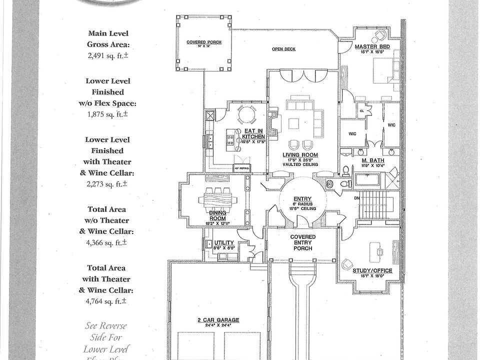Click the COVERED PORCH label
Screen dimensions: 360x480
[200, 42]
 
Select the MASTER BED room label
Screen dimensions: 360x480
[372, 46]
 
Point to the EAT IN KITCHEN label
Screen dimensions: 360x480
[253, 133]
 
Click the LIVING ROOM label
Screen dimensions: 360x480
[300, 155]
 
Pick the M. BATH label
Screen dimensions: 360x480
[372, 160]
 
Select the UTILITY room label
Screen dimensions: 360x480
[223, 242]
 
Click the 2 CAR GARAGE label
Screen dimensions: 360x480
[218, 320]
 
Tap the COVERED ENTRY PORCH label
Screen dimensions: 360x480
[303, 242]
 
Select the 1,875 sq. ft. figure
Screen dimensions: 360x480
[108, 114]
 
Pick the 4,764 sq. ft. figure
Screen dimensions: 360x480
[108, 301]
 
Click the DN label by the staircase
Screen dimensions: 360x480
[356, 197]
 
